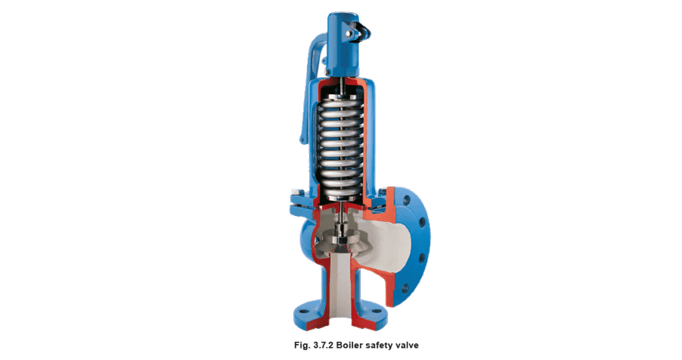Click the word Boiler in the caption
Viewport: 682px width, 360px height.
coord(351,345)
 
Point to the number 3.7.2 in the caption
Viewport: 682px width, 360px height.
coord(323,345)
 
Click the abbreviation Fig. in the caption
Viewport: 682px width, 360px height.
coord(302,346)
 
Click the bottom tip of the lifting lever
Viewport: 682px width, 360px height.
coord(302,140)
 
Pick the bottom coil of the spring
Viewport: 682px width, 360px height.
coord(339,192)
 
